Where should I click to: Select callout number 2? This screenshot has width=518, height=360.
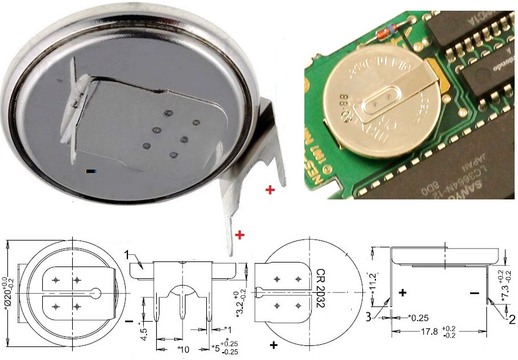coord(512,319)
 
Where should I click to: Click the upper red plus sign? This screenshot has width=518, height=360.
coord(270,190)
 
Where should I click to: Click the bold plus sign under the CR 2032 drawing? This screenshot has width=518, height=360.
coord(275,344)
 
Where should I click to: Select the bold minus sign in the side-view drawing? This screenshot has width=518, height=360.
coord(475,293)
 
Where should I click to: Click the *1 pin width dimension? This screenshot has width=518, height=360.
coord(227,329)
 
